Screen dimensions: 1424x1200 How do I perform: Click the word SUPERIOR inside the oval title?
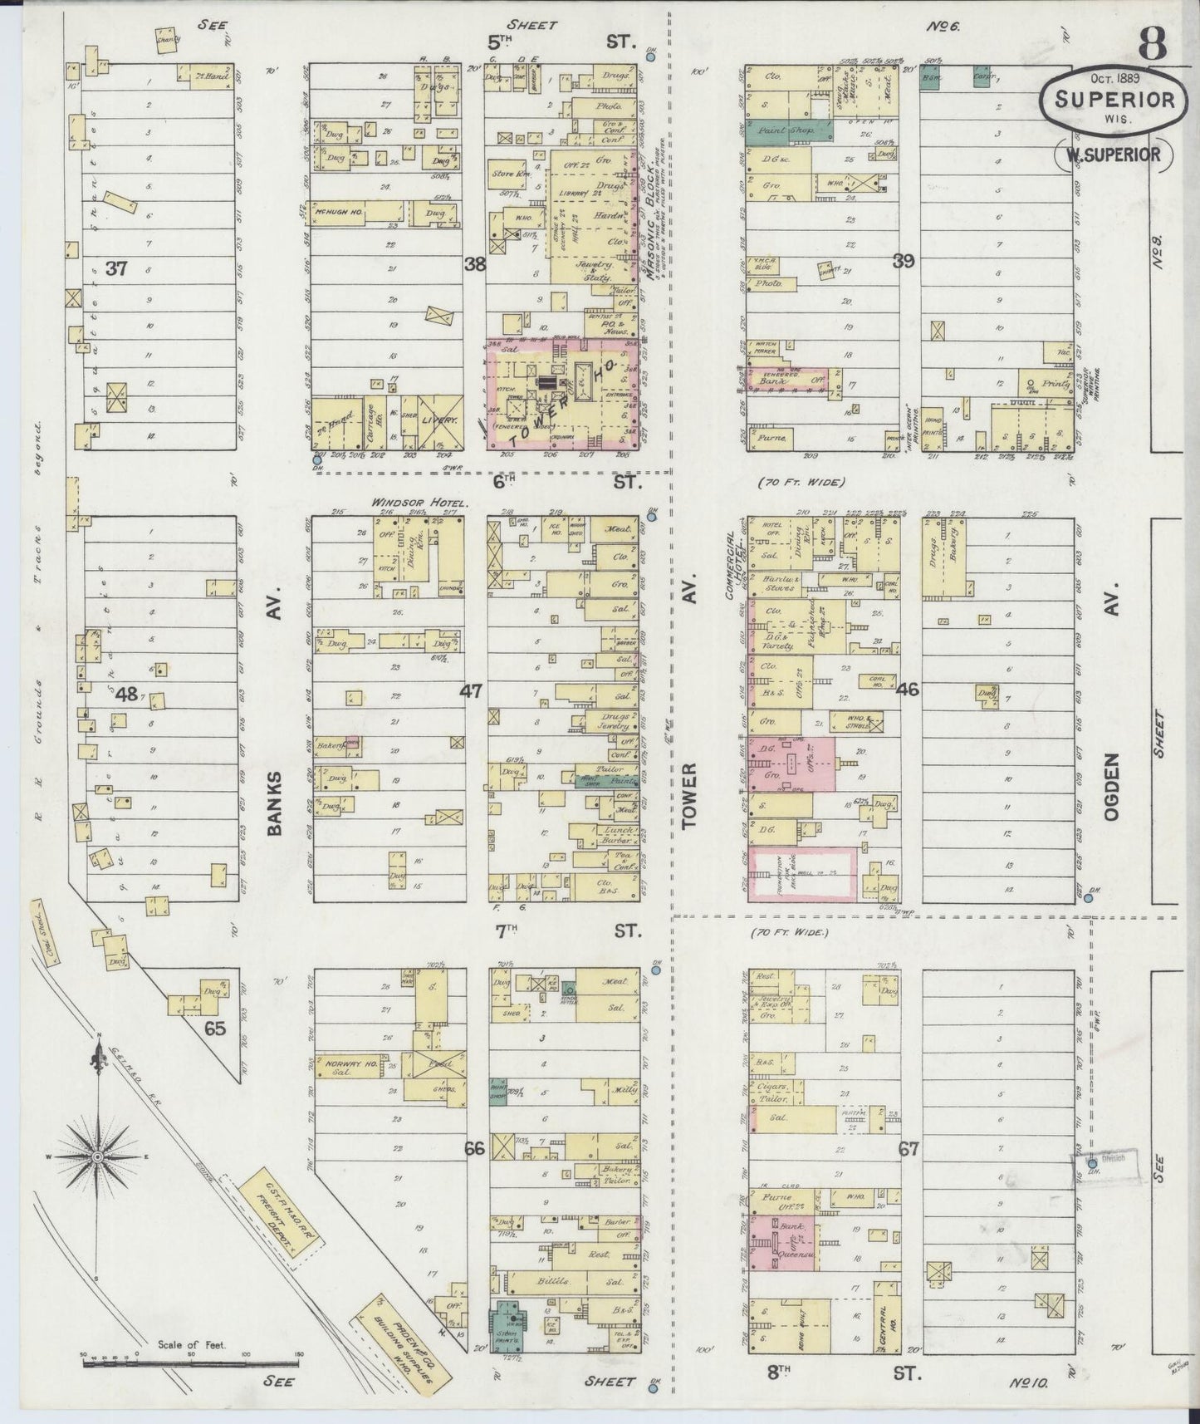(1114, 100)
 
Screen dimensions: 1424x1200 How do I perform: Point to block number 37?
(117, 268)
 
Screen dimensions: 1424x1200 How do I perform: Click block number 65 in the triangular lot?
(215, 1029)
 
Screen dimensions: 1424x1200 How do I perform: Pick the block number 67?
(909, 1150)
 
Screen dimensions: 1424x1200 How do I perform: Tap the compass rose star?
(98, 1157)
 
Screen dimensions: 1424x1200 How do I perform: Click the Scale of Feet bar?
(191, 1363)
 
